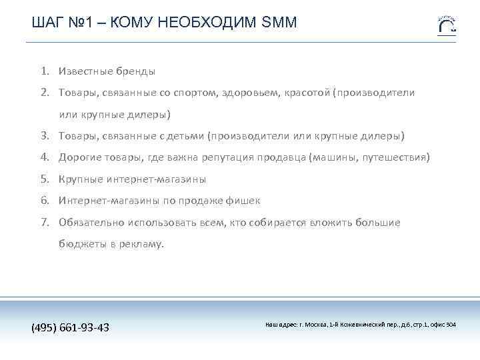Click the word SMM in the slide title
(x=280, y=23)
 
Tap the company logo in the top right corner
(x=446, y=24)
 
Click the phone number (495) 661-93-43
(x=71, y=327)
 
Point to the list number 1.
(x=43, y=71)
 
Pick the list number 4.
(x=43, y=157)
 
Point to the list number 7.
(x=43, y=223)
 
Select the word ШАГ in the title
(x=45, y=23)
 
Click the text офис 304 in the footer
(x=443, y=325)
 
